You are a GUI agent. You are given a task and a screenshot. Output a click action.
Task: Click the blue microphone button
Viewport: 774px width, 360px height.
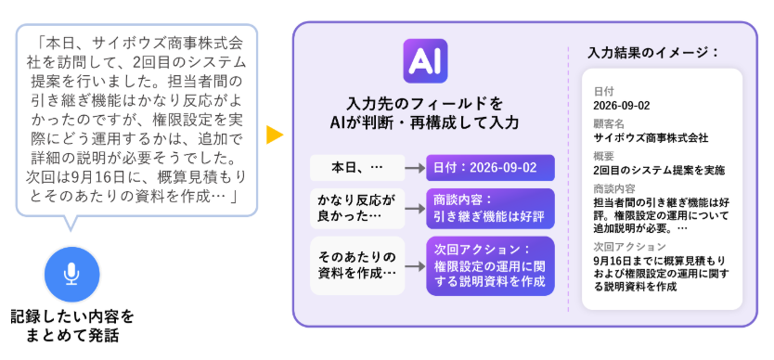point(72,275)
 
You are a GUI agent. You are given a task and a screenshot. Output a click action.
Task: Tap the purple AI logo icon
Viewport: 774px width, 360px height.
point(425,60)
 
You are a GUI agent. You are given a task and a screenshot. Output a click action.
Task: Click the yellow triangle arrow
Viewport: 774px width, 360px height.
point(275,135)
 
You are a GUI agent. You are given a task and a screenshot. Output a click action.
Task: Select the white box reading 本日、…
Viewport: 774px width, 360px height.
point(357,168)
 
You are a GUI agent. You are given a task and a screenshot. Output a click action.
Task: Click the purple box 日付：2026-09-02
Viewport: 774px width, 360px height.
point(490,168)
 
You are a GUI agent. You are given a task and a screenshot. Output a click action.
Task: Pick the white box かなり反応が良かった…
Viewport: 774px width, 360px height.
point(357,209)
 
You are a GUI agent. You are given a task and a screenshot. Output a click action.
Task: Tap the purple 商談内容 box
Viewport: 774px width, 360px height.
point(490,209)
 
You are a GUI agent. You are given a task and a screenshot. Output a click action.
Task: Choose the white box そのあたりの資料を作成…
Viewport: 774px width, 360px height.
point(357,265)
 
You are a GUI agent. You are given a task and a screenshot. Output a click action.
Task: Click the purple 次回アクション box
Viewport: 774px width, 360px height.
point(490,265)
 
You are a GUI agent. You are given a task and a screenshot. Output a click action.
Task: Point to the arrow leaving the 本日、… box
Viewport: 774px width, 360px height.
point(415,168)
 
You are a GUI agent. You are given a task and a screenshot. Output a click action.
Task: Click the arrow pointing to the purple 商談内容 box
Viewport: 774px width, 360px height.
point(415,209)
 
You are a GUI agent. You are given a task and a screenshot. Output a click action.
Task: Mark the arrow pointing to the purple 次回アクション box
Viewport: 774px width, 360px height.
point(415,266)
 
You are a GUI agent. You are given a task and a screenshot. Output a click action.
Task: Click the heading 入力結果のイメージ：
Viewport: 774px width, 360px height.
point(653,52)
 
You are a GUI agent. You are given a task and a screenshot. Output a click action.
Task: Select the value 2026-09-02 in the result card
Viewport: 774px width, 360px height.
point(622,105)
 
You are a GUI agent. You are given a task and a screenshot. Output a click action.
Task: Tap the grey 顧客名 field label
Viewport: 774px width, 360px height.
point(609,124)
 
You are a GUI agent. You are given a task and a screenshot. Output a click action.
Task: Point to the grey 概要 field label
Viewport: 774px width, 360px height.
point(603,157)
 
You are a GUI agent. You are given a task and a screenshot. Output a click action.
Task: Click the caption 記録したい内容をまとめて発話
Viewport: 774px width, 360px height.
point(72,327)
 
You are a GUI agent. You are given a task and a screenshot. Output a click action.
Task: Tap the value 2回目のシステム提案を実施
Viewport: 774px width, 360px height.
point(659,171)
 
